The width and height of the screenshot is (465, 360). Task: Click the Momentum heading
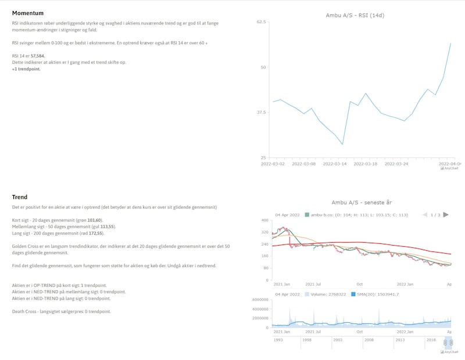click(x=27, y=13)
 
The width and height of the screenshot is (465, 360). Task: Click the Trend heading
click(x=20, y=197)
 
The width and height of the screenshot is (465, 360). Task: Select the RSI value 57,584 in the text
click(x=38, y=56)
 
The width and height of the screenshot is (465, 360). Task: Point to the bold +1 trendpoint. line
click(x=26, y=69)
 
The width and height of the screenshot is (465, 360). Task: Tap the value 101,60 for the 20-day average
click(x=95, y=220)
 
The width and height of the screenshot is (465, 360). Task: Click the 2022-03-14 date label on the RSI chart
click(x=335, y=164)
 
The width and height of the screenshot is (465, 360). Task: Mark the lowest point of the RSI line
click(x=342, y=144)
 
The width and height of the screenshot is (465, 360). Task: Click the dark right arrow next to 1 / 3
click(x=446, y=214)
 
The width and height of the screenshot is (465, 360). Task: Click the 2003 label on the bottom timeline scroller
click(x=337, y=340)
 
